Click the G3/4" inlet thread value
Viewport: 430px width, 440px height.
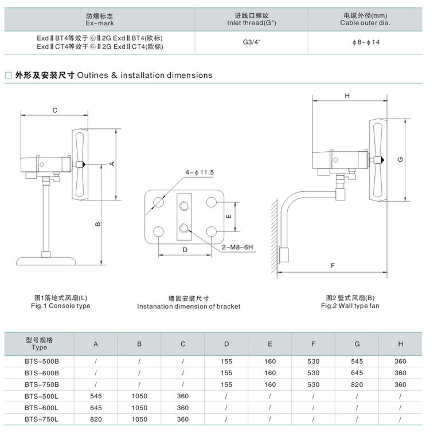point(251,42)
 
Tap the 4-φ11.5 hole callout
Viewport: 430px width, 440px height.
point(200,172)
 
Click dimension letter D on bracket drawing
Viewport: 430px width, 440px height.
point(185,250)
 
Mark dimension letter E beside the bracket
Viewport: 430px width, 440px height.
point(228,217)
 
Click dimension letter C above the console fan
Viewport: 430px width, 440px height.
point(54,109)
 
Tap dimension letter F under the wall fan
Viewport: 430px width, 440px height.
point(333,265)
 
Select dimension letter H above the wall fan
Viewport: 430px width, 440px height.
point(347,96)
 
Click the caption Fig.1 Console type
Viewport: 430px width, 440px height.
point(60,306)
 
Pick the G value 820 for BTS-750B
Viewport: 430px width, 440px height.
point(357,384)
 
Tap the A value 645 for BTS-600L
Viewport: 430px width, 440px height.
point(96,407)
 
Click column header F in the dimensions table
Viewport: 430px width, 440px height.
point(313,344)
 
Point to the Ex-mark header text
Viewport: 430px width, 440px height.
point(100,23)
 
